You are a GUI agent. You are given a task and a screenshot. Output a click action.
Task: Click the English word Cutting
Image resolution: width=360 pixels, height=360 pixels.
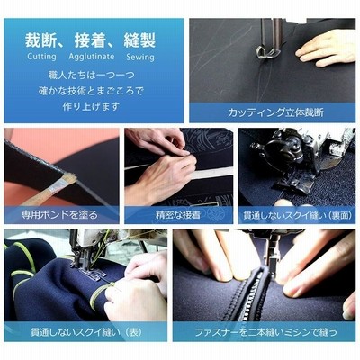point(41,57)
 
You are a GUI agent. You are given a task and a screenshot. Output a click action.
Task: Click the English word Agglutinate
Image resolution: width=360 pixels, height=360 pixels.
point(92,57)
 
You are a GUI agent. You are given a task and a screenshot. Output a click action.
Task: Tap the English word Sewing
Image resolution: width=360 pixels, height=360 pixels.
point(140,57)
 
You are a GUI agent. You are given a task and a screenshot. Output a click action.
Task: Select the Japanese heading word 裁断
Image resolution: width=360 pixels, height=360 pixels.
point(40,40)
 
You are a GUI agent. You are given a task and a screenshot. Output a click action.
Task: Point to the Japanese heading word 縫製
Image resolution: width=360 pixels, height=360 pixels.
point(139,40)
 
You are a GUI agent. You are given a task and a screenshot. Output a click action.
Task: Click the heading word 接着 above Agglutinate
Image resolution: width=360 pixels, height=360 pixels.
point(90,40)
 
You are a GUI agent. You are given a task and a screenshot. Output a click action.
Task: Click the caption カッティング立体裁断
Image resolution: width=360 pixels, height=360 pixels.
point(275,112)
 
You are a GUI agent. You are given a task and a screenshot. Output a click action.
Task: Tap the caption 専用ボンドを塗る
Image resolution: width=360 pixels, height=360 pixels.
point(59,215)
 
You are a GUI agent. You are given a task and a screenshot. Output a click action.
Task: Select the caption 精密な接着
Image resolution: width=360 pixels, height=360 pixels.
point(178,215)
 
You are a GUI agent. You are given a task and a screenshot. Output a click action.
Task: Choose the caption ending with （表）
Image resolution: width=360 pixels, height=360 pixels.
point(86,332)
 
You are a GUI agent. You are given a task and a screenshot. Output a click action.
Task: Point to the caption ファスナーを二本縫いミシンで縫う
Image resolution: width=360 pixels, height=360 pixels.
point(265,332)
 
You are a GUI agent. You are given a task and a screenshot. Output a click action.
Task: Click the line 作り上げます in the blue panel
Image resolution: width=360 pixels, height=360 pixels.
point(91,106)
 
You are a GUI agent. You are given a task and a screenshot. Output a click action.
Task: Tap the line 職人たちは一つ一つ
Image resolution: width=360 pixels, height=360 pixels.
point(91,75)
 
